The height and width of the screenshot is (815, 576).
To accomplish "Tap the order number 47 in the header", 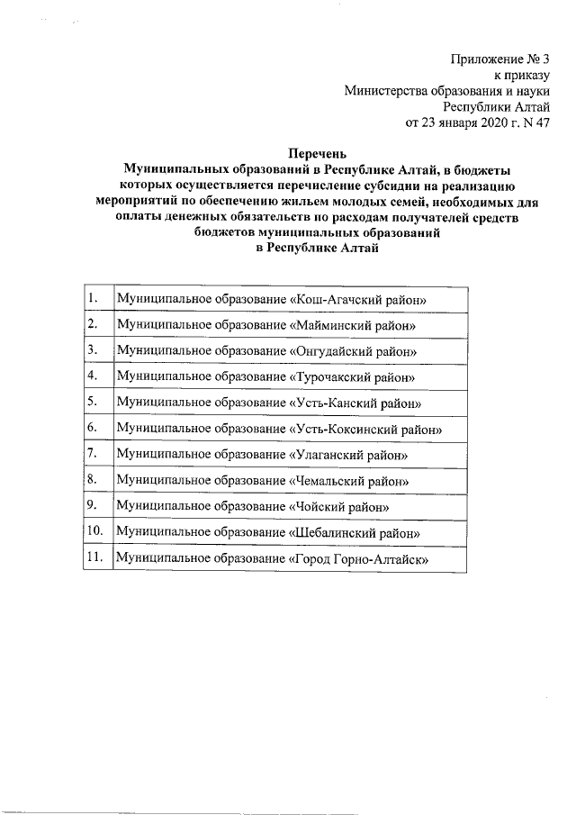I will click(542, 123).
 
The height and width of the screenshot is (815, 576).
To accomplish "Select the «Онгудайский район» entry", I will click(355, 349).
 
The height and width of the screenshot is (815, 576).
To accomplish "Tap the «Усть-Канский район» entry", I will click(356, 402).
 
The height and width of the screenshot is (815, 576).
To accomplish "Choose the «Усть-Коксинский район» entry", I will click(366, 429).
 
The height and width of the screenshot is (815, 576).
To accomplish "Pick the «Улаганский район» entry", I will click(351, 455).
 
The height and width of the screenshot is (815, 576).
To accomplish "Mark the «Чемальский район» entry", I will click(352, 482).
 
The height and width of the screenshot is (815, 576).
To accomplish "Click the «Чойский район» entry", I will click(340, 508).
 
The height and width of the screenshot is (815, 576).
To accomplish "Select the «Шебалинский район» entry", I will click(356, 534).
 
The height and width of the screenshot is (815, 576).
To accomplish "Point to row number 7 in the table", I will click(92, 453).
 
